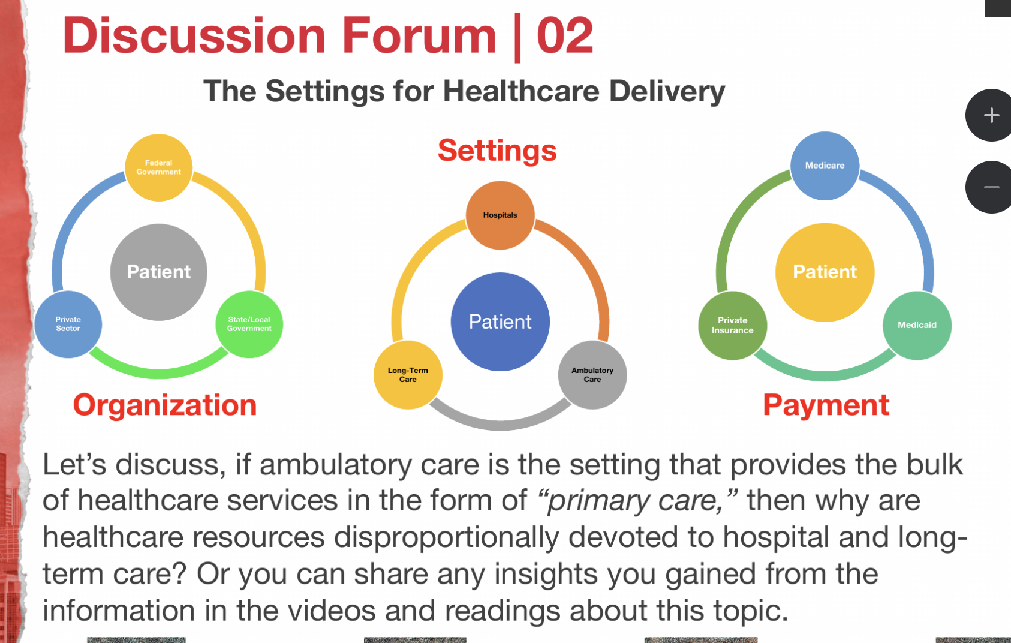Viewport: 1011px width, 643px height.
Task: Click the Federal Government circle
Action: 158,167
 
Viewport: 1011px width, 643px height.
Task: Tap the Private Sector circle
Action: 68,324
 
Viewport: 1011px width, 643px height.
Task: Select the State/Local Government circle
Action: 249,324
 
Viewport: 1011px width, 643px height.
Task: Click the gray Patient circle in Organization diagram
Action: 159,272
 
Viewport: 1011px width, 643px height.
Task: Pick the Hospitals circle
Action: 500,215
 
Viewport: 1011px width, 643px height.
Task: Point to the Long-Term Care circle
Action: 408,375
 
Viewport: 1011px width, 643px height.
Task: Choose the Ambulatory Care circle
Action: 592,375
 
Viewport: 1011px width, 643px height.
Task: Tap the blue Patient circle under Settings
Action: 500,321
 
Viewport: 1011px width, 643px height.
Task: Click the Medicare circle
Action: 825,166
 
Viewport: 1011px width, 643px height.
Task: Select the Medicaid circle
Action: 917,325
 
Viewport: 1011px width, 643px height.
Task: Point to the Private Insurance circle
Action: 732,325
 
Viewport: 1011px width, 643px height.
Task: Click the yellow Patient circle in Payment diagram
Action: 825,272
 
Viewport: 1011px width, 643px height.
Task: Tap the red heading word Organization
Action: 165,405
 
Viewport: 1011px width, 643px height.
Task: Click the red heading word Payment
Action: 826,405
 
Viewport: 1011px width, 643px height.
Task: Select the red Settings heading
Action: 497,151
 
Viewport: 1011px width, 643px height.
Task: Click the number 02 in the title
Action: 564,36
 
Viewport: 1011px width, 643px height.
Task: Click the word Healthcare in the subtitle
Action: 521,91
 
